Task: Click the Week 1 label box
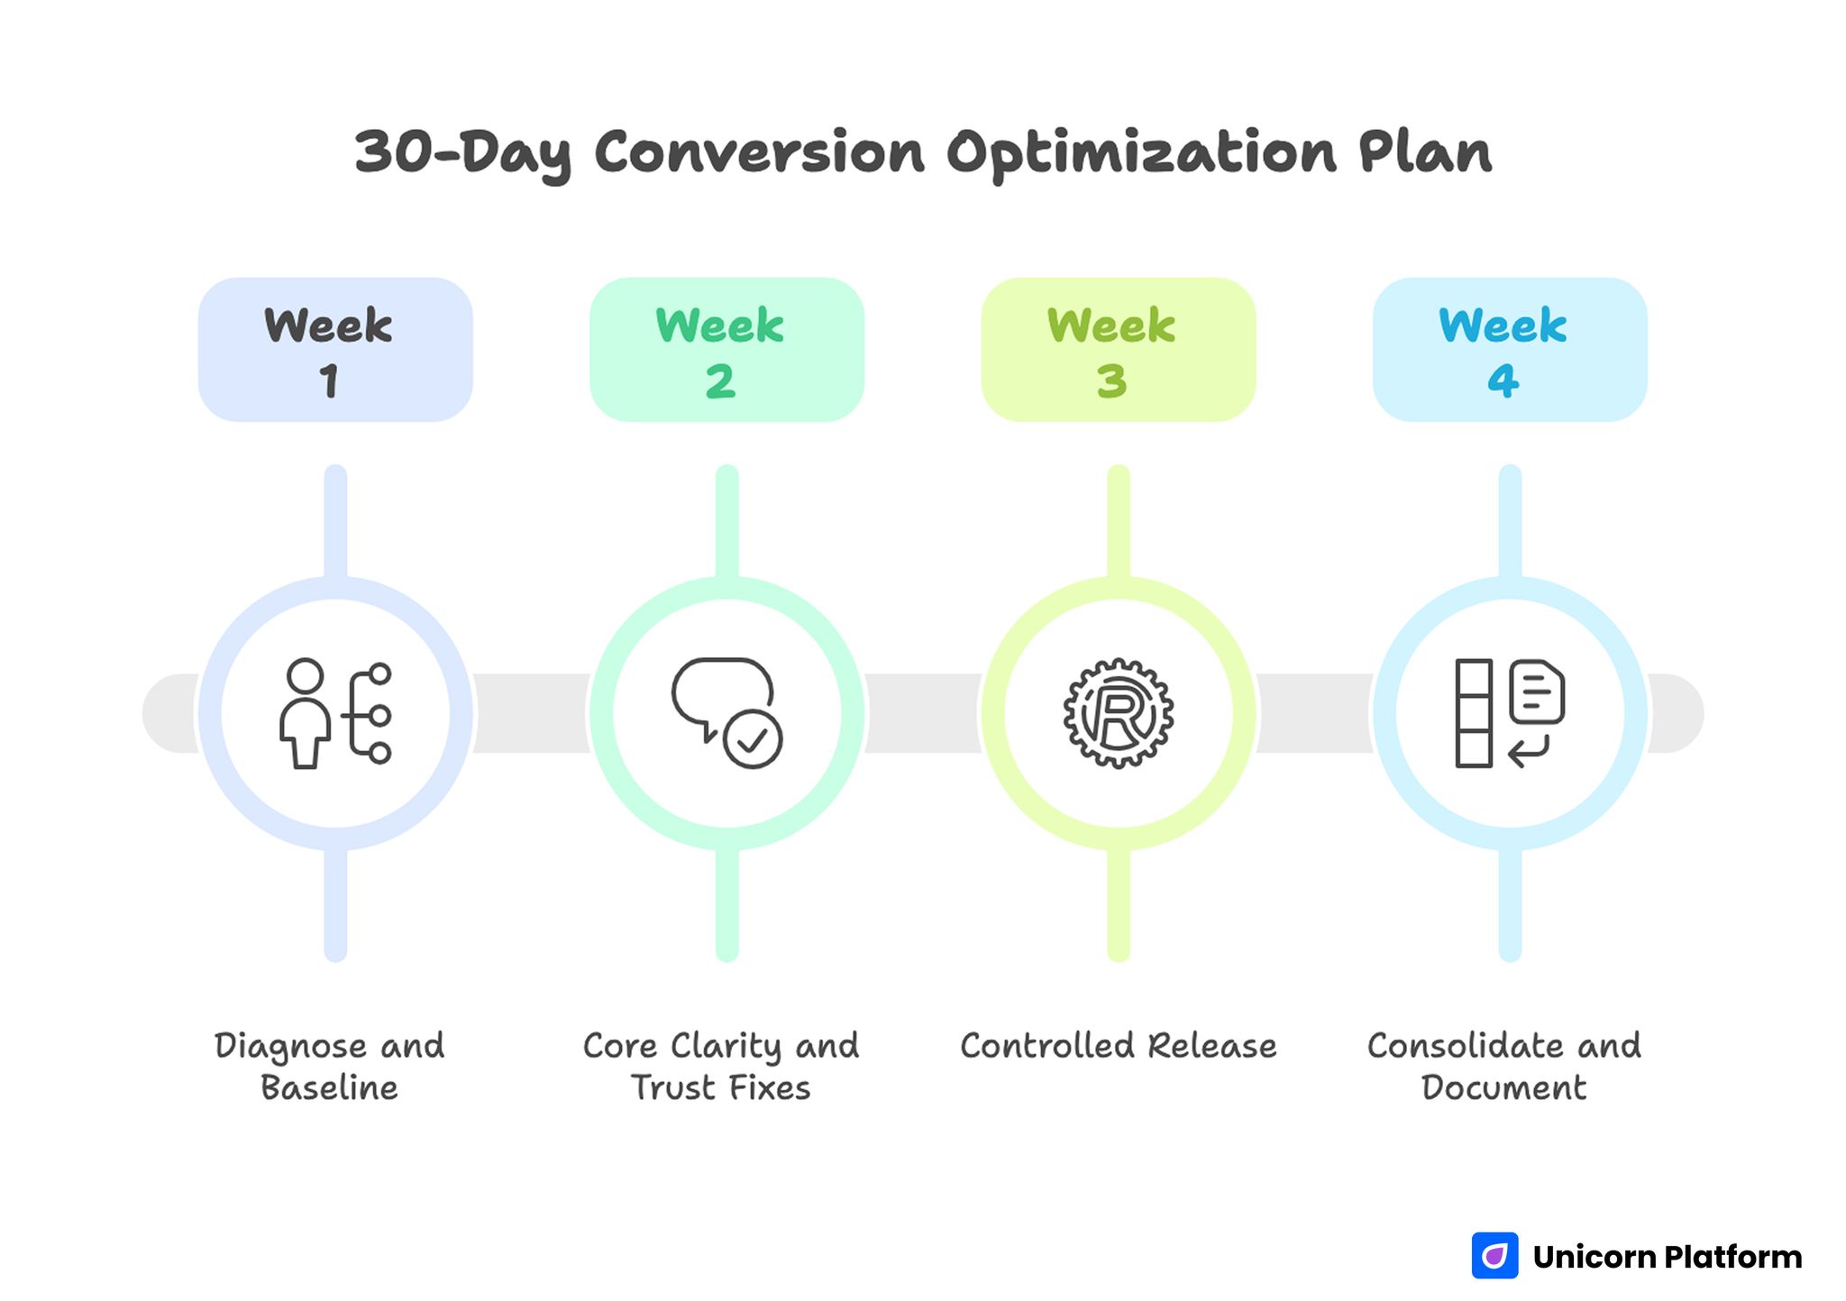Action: pyautogui.click(x=335, y=349)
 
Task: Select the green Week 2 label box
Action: pyautogui.click(x=727, y=349)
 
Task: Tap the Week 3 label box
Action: pyautogui.click(x=1118, y=349)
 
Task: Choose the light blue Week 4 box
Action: pyautogui.click(x=1509, y=349)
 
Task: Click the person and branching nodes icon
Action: pyautogui.click(x=335, y=713)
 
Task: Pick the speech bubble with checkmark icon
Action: pyautogui.click(x=727, y=713)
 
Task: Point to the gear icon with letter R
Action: pyautogui.click(x=1118, y=713)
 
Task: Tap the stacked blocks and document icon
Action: pyautogui.click(x=1509, y=713)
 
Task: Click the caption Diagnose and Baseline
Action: pyautogui.click(x=330, y=1066)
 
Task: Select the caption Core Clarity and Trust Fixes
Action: pyautogui.click(x=721, y=1066)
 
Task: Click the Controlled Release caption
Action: pyautogui.click(x=1118, y=1046)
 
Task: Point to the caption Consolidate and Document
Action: pyautogui.click(x=1503, y=1066)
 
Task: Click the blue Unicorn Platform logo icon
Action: pyautogui.click(x=1494, y=1255)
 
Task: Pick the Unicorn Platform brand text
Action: pyautogui.click(x=1667, y=1256)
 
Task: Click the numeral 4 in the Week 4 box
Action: pyautogui.click(x=1503, y=380)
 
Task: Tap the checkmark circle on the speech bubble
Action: pyautogui.click(x=753, y=739)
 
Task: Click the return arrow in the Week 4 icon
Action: pyautogui.click(x=1529, y=750)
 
